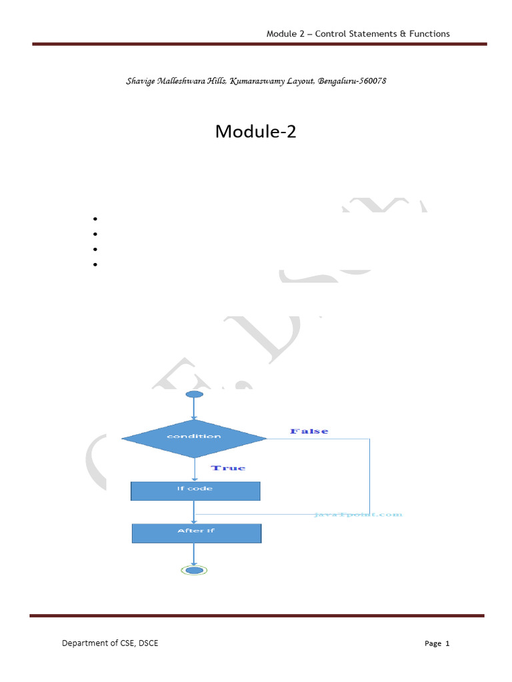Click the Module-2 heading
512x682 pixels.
pyautogui.click(x=255, y=132)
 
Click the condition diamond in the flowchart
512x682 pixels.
pyautogui.click(x=194, y=437)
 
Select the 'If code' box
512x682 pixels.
pyautogui.click(x=195, y=490)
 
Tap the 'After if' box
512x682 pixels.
pyautogui.click(x=196, y=532)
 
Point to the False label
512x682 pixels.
pyautogui.click(x=309, y=432)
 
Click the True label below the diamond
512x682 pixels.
pyautogui.click(x=228, y=468)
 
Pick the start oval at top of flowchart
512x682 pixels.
pyautogui.click(x=194, y=395)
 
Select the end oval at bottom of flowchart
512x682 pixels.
pyautogui.click(x=194, y=570)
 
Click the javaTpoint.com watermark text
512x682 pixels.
pyautogui.click(x=358, y=515)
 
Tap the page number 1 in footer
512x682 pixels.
pyautogui.click(x=447, y=643)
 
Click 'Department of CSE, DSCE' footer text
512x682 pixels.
pyautogui.click(x=110, y=643)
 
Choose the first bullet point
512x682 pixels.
pyautogui.click(x=96, y=219)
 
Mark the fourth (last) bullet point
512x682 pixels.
pyautogui.click(x=96, y=264)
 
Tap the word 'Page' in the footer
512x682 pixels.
pyautogui.click(x=433, y=643)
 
